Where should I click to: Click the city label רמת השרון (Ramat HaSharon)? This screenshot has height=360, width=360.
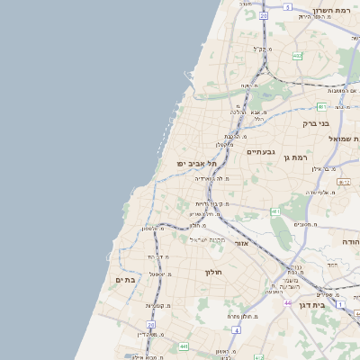(334, 10)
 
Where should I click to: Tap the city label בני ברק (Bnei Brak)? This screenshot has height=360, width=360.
(316, 123)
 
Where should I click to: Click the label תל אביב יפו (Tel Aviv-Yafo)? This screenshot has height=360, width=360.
(198, 163)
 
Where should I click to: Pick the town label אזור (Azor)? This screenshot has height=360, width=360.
(240, 243)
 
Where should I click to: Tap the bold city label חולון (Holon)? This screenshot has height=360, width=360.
(212, 271)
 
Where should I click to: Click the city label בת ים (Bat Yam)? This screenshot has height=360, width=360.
(125, 280)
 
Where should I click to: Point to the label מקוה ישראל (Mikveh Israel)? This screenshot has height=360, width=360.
(206, 239)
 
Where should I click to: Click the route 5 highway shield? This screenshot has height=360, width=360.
(288, 6)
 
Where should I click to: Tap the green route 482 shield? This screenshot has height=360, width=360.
(297, 56)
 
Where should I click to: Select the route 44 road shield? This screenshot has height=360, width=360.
(288, 302)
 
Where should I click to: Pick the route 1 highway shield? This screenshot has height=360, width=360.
(341, 304)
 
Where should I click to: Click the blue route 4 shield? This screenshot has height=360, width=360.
(236, 330)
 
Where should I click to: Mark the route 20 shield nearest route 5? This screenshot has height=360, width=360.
(264, 15)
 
